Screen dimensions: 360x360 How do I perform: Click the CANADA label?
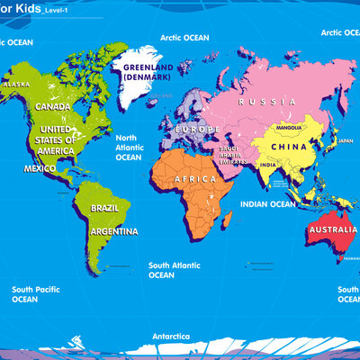coord(53,106)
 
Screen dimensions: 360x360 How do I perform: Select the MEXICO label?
coord(40,168)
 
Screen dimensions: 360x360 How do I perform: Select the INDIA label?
coord(268,166)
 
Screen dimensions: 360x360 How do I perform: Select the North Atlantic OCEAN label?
coord(129,148)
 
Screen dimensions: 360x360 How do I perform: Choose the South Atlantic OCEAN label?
coord(174,270)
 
